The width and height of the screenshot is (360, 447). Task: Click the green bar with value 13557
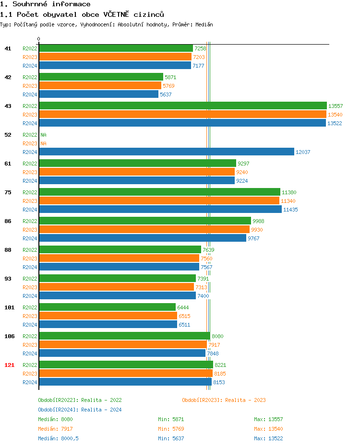click(x=182, y=106)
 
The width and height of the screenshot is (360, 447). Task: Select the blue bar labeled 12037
click(x=166, y=152)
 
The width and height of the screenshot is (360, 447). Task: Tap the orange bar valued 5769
click(x=100, y=85)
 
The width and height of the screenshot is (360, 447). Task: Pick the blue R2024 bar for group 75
click(x=160, y=209)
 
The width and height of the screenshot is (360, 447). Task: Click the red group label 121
click(x=9, y=365)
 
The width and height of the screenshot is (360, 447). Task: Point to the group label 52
click(x=8, y=135)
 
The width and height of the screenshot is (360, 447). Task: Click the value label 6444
click(x=183, y=307)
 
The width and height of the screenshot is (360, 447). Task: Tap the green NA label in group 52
click(x=43, y=135)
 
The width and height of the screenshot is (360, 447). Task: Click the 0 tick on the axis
click(x=39, y=39)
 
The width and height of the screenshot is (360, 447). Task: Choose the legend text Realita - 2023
click(x=245, y=400)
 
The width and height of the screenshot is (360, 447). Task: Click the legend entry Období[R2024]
click(x=59, y=410)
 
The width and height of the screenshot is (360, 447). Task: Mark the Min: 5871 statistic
click(x=171, y=419)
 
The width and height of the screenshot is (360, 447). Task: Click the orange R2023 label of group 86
click(x=30, y=230)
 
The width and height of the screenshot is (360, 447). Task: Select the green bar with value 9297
click(x=137, y=163)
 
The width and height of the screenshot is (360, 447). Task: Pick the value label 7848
click(x=213, y=353)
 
